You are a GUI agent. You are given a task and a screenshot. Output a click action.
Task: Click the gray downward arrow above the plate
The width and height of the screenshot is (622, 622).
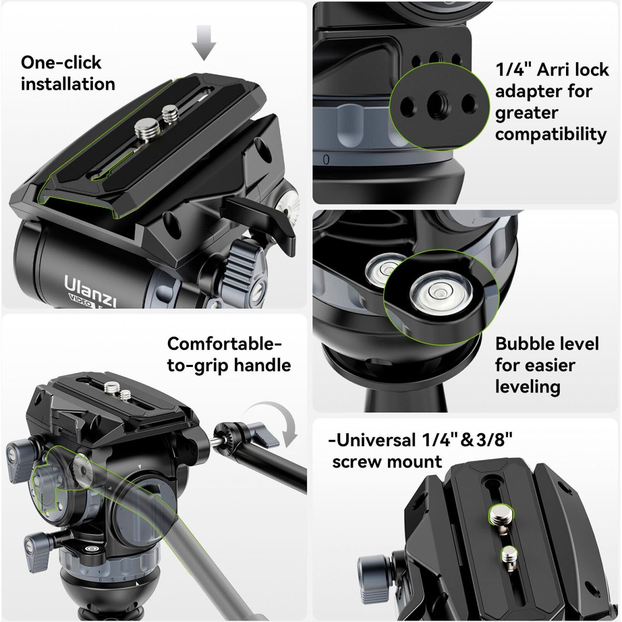[x=203, y=43]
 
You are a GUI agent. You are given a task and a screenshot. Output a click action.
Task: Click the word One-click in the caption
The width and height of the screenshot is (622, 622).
[x=61, y=62]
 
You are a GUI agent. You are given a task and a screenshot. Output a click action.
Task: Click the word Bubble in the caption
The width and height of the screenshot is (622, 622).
[x=526, y=344]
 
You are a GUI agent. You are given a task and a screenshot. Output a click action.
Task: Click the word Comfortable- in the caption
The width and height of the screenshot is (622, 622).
[x=224, y=344]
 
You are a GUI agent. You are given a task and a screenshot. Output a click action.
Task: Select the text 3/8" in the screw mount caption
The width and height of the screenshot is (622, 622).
[x=494, y=440]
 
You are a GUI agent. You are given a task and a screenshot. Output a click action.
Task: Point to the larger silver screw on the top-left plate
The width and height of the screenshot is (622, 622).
[x=146, y=130]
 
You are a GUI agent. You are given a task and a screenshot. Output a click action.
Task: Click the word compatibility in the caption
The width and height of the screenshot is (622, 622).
[x=551, y=134]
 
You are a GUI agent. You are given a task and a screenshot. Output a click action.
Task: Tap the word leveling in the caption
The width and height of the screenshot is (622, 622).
[x=528, y=387]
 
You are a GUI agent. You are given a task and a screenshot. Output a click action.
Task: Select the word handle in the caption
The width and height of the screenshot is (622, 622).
[x=262, y=365]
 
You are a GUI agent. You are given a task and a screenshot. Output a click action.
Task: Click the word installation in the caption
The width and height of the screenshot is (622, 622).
[x=68, y=83]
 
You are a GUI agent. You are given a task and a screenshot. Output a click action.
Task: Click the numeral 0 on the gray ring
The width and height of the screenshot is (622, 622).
[x=327, y=160]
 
